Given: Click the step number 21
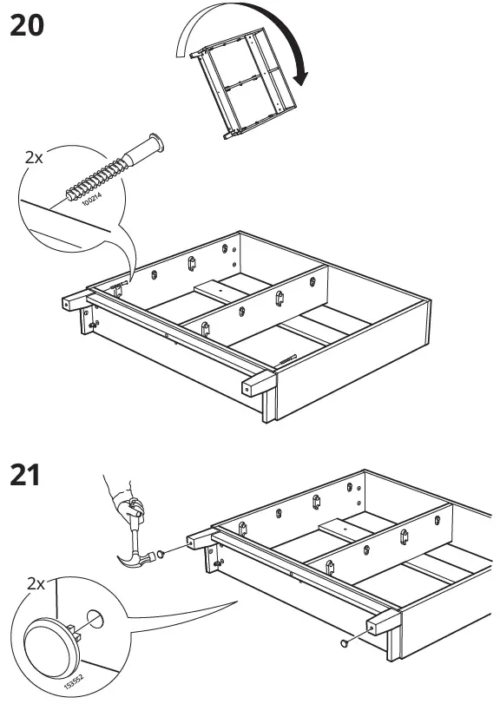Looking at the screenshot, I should click(x=27, y=477).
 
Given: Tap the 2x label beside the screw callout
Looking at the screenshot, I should click(x=34, y=158).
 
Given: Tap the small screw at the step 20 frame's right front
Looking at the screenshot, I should click(x=289, y=354).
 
